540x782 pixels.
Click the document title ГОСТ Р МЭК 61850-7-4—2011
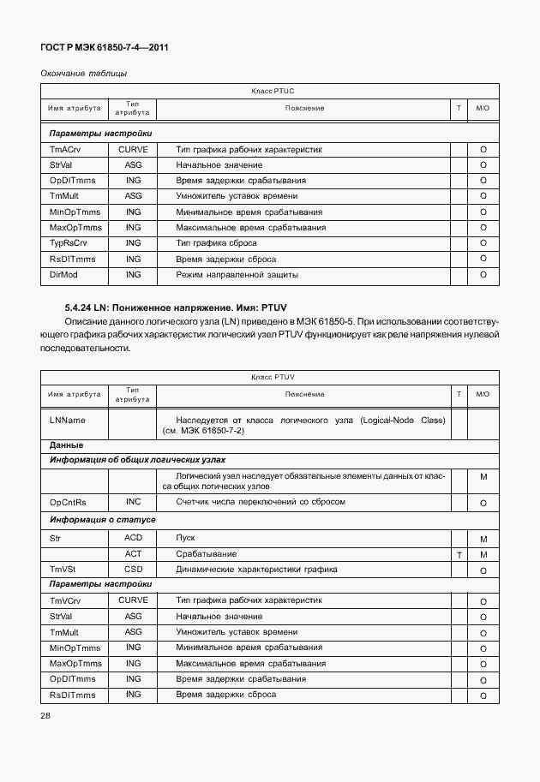point(104,48)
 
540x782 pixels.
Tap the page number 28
point(46,714)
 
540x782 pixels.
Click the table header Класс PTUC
point(273,90)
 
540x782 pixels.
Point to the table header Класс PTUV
point(273,376)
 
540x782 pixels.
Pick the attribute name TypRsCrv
point(69,242)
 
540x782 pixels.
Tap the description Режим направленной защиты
point(237,274)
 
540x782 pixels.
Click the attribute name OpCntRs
point(70,502)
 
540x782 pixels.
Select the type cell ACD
point(133,538)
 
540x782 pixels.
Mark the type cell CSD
point(133,569)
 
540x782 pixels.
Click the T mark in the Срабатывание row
point(459,555)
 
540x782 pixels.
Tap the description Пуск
point(185,538)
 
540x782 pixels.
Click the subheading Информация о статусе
point(102,519)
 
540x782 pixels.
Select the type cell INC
point(133,502)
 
